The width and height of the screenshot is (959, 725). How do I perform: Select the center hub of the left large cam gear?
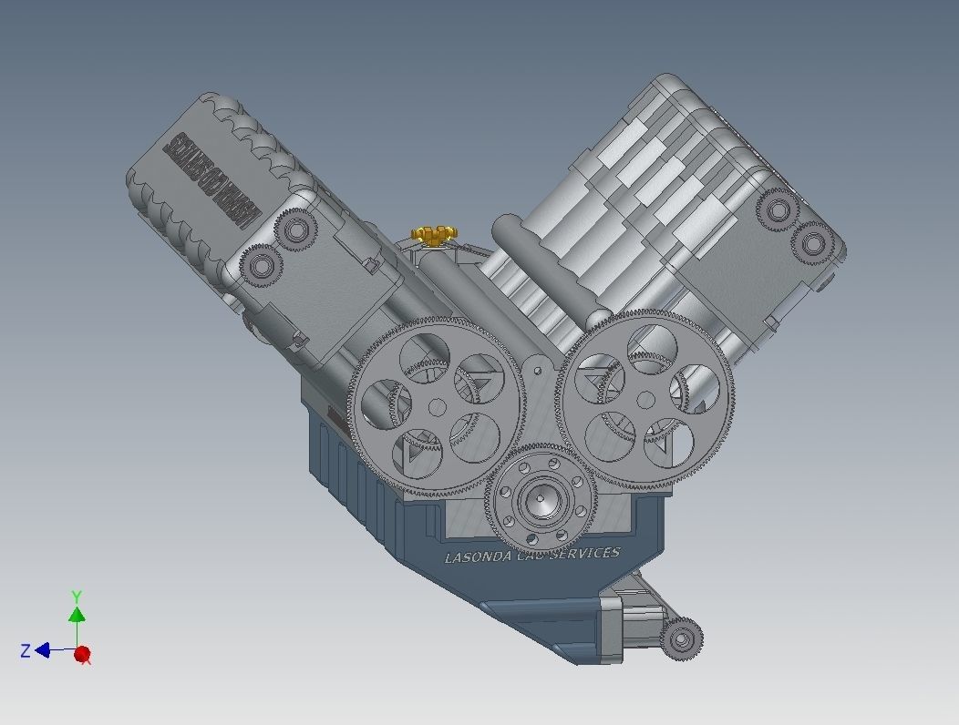coord(438,406)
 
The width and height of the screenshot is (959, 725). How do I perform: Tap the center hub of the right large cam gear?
coord(646,398)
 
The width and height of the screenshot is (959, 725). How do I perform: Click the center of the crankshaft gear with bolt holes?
coord(540,499)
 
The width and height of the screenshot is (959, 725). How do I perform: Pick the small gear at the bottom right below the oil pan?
coord(681,638)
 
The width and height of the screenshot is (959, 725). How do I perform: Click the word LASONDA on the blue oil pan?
coord(478,557)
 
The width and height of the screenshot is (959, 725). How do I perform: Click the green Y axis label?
coord(77,597)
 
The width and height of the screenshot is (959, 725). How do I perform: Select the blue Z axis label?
coord(26,650)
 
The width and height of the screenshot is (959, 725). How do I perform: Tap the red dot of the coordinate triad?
coord(82,654)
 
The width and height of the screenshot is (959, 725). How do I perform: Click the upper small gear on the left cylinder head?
coord(294,229)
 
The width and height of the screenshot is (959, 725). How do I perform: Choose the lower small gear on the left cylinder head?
coord(261,266)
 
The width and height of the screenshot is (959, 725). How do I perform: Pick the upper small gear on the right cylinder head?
coord(779,210)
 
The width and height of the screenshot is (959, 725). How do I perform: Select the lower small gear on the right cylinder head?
coord(812,242)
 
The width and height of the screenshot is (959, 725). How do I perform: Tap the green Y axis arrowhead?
coord(77,615)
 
